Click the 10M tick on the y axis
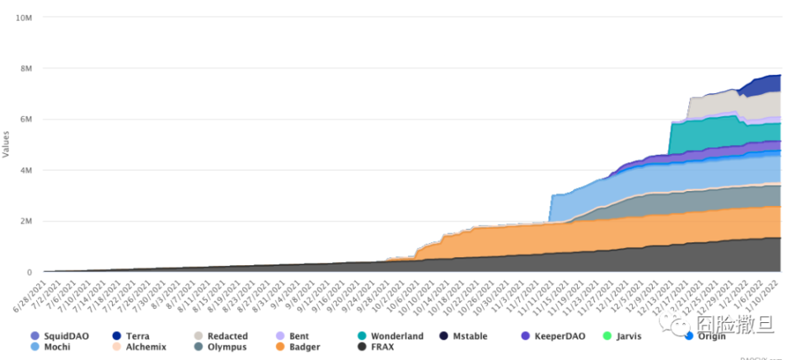pos(23,17)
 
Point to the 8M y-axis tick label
pos(25,68)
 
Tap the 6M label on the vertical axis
pos(25,119)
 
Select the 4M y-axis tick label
pos(25,171)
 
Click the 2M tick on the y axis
pos(25,222)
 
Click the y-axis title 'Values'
pos(6,144)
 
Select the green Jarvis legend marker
pos(608,335)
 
